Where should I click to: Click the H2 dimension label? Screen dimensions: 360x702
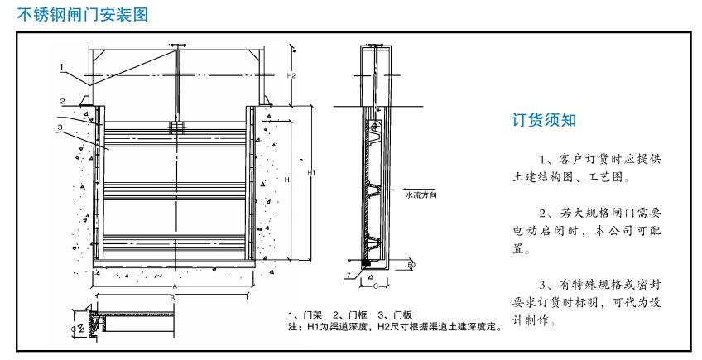tap(291, 75)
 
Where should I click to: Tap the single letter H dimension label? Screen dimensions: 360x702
tap(285, 180)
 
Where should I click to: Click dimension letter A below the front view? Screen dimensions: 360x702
tap(175, 285)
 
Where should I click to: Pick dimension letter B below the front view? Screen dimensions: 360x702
tap(171, 296)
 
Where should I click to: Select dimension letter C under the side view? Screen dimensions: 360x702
tap(375, 286)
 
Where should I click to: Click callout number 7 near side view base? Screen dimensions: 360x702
tap(350, 273)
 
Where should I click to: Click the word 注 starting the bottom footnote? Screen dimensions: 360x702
tap(292, 327)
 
